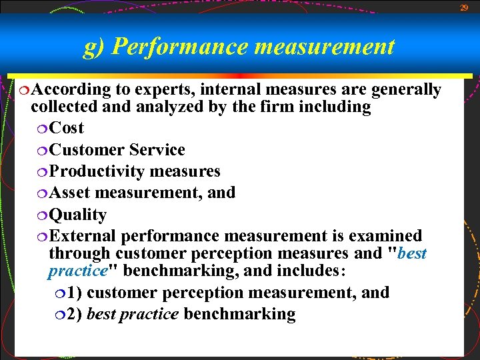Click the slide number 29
coord(464,7)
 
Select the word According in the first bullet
coord(71,89)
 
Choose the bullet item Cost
coord(67,128)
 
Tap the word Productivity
coord(97,171)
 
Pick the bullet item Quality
coord(78,215)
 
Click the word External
coord(83,236)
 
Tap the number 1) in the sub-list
coord(75,293)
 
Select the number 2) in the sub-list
coord(75,314)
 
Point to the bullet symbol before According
coord(25,90)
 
